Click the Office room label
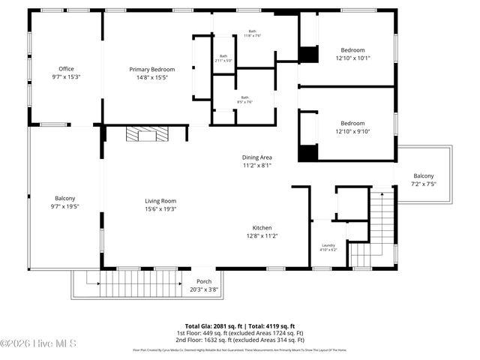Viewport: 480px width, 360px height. click(66, 69)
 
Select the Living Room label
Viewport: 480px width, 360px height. click(160, 200)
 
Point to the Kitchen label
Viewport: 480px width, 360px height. click(262, 228)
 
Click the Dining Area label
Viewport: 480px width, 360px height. click(256, 157)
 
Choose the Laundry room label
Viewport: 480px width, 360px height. click(328, 245)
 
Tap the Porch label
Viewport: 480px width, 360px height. click(203, 281)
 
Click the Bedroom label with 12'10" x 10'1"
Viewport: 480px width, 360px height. click(352, 49)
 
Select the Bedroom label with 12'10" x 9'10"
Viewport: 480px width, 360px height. click(352, 123)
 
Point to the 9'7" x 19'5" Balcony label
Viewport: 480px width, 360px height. click(65, 199)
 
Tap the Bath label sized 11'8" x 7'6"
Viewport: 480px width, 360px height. click(252, 32)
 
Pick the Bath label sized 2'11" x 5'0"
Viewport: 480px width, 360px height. click(223, 56)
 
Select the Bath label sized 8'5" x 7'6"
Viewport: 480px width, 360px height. click(244, 97)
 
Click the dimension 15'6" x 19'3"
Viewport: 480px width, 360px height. click(160, 208)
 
